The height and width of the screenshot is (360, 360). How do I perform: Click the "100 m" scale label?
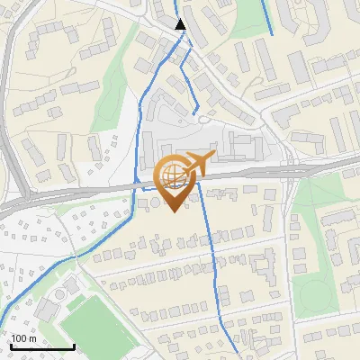pyautogui.click(x=24, y=338)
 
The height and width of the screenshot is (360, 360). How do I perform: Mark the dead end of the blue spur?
pyautogui.click(x=196, y=112)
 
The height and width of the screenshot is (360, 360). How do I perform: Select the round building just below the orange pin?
pyautogui.click(x=154, y=204)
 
